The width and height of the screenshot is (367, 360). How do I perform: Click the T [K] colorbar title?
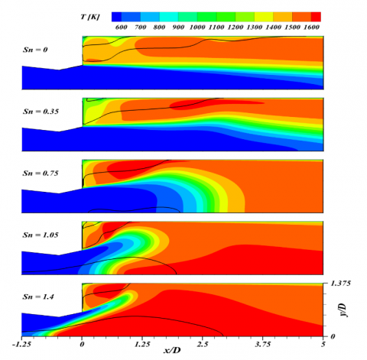93,15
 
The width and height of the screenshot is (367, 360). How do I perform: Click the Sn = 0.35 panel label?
40,112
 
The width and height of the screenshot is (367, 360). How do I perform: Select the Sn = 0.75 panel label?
40,173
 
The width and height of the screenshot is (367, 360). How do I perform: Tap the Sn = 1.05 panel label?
40,233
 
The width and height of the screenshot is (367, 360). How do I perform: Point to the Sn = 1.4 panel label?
37,294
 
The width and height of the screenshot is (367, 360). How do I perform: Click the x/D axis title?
171,351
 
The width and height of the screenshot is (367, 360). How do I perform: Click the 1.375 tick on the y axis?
339,284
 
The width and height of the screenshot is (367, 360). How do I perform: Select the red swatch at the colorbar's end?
316,15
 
